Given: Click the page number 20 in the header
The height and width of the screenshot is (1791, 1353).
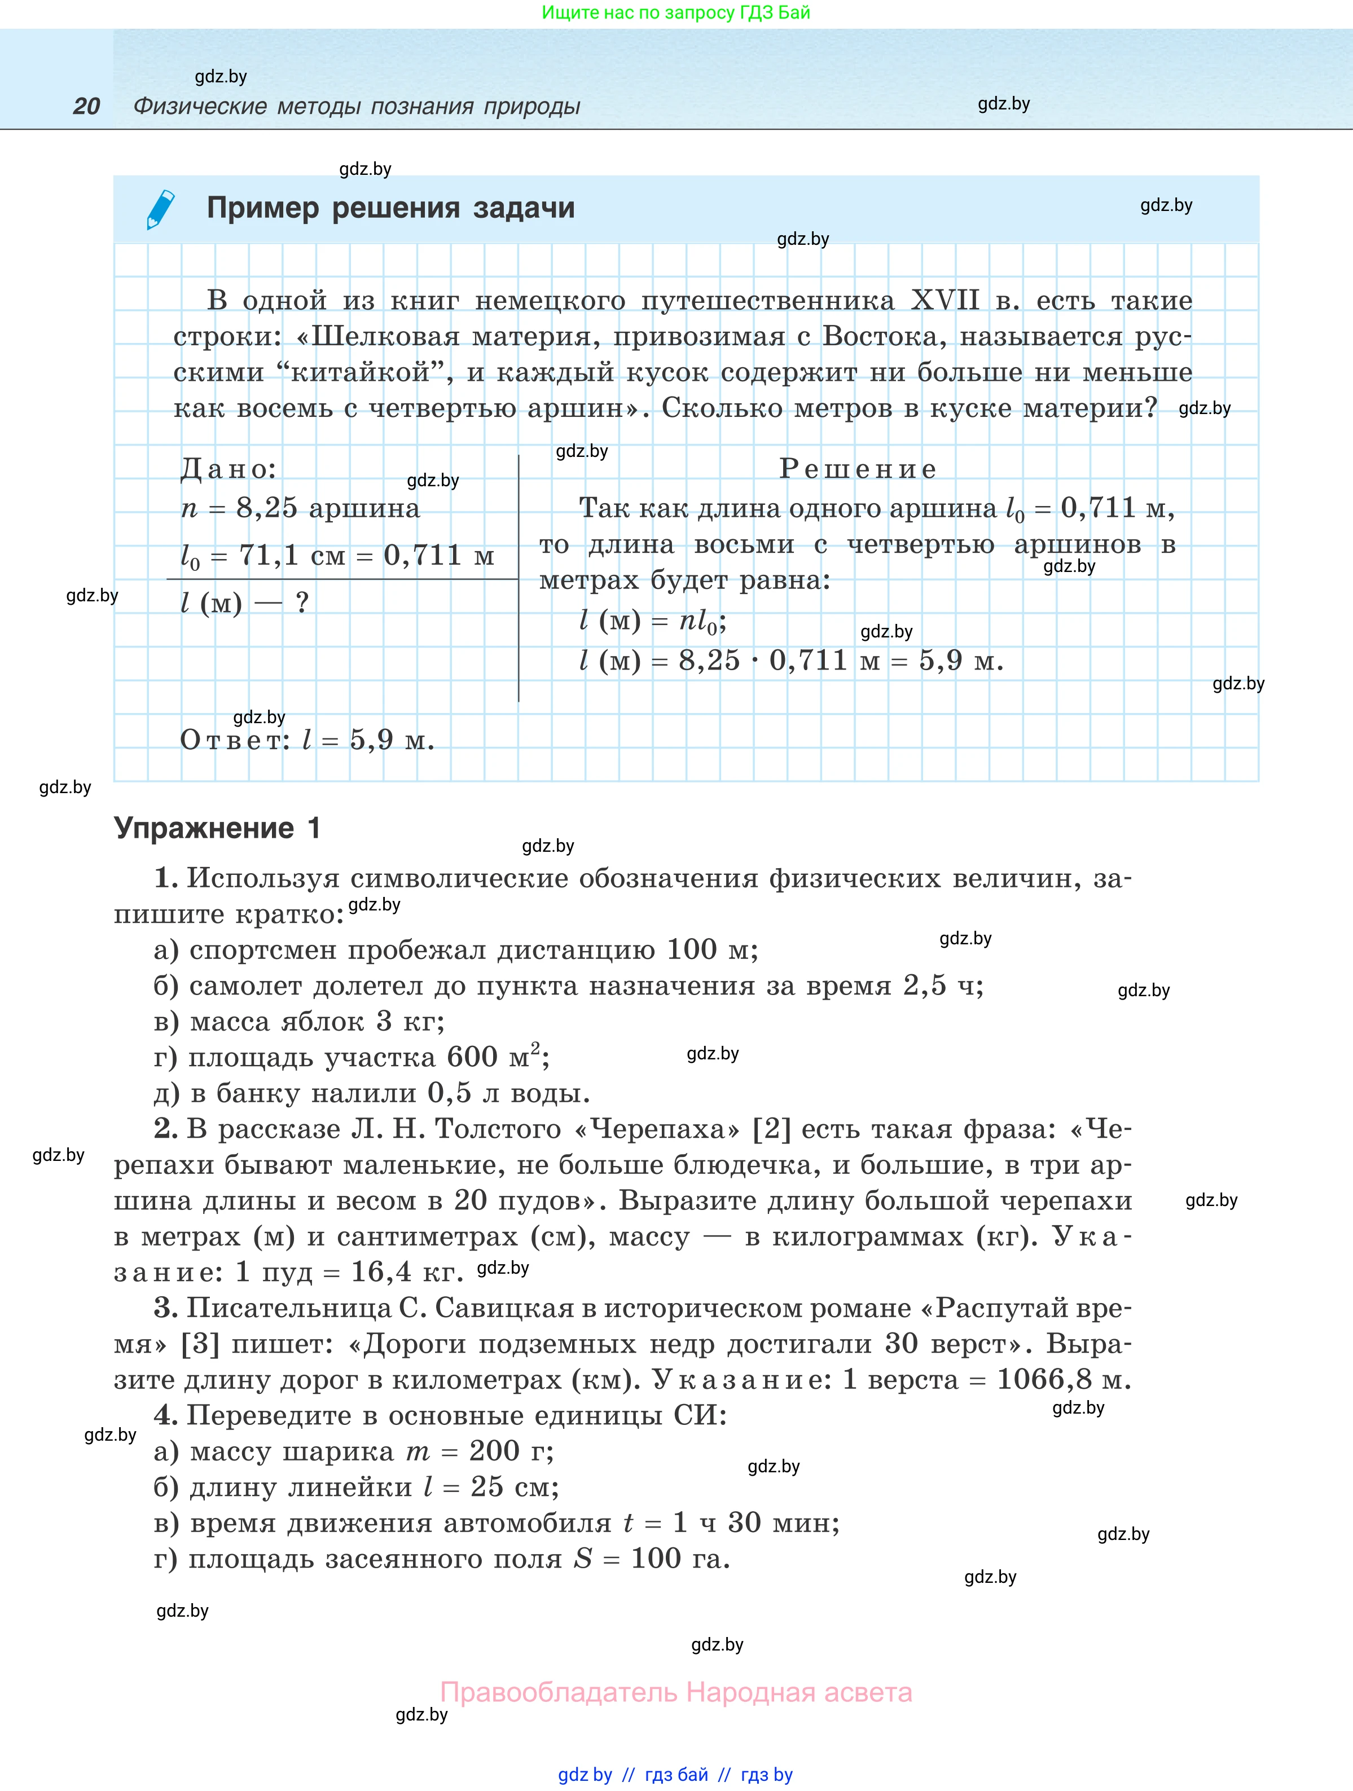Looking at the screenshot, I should [87, 106].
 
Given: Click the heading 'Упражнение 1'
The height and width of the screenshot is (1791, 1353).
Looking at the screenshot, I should [217, 828].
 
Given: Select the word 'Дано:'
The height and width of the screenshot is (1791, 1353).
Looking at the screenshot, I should [229, 469].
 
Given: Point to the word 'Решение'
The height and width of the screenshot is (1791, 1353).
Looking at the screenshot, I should [858, 469].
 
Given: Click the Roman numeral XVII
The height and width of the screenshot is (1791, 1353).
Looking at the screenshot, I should [945, 301].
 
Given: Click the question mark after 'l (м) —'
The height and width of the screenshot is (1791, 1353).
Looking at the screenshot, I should [302, 603].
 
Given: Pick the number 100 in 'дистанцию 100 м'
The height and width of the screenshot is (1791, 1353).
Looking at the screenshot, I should [692, 950].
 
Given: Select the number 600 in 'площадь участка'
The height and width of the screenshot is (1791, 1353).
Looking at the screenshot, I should [473, 1058].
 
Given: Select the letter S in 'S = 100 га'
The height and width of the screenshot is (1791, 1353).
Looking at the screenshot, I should [583, 1559].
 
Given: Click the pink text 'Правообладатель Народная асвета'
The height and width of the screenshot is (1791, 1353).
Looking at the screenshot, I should [676, 1692].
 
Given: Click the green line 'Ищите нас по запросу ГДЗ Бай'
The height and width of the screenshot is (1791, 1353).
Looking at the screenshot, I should [676, 13].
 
